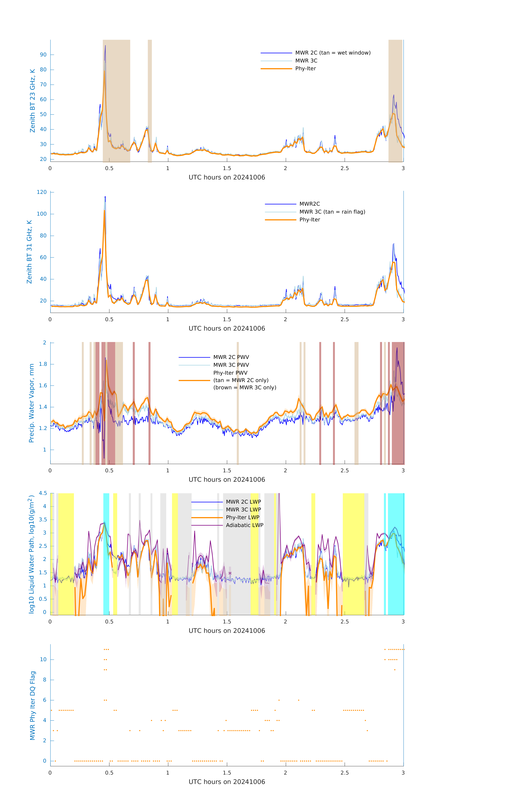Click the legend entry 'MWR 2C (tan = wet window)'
pos(332,53)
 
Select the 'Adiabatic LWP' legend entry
pos(244,525)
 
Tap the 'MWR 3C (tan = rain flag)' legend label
pos(332,212)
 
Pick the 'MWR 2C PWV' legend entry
pos(231,357)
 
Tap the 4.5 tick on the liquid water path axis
pos(43,493)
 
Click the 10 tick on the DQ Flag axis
pos(43,659)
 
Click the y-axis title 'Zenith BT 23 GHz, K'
pos(33,101)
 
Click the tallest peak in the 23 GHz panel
pos(105,46)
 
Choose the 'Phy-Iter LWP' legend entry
pos(242,517)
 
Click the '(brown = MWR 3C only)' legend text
pos(245,388)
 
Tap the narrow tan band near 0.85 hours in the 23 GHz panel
pos(150,100)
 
